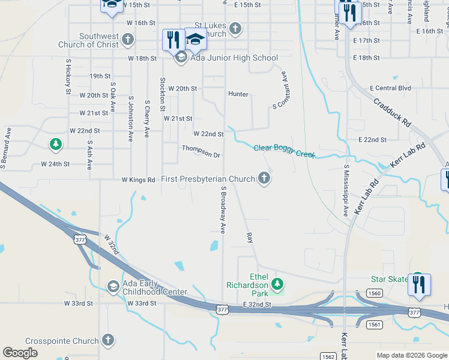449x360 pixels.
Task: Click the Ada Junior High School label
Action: pyautogui.click(x=234, y=58)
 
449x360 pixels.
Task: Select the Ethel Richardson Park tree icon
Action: pyautogui.click(x=277, y=283)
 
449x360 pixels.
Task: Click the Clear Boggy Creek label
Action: pyautogui.click(x=285, y=151)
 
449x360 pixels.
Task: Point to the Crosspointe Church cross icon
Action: pyautogui.click(x=108, y=340)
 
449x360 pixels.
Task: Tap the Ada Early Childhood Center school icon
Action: pyautogui.click(x=113, y=286)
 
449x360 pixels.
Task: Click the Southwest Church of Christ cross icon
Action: pyautogui.click(x=127, y=40)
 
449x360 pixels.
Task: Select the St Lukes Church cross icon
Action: pyautogui.click(x=235, y=28)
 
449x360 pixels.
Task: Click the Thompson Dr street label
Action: pyautogui.click(x=201, y=152)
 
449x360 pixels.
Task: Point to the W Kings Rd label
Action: pyautogui.click(x=138, y=179)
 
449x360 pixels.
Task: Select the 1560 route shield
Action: pyautogui.click(x=374, y=293)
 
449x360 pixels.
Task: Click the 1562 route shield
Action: pyautogui.click(x=329, y=356)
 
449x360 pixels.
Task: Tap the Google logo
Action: pyautogui.click(x=20, y=353)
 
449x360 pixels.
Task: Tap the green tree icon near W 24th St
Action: pyautogui.click(x=56, y=144)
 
